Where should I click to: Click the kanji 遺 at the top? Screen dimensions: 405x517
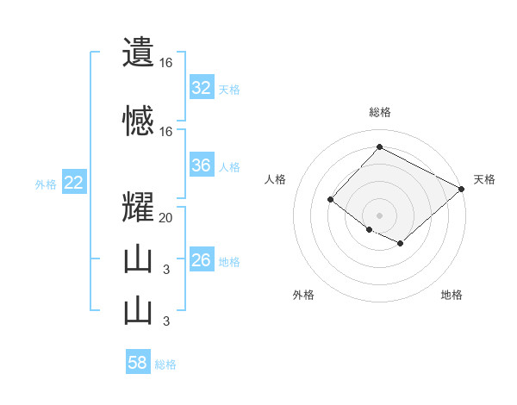138,53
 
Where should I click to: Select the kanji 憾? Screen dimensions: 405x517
138,121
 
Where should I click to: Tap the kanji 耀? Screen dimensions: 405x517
138,208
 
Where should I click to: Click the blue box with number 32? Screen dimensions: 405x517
201,88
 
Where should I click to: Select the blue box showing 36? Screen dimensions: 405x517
201,165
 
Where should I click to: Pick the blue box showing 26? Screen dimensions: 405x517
201,260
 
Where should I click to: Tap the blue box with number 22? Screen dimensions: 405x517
73,183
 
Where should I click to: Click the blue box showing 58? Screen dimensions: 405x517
138,363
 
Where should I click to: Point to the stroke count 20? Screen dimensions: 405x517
166,218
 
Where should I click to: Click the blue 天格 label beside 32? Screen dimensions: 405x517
229,89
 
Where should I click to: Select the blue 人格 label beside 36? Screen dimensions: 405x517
229,166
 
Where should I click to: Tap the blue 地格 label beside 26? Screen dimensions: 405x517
229,261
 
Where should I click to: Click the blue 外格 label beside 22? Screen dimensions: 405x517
45,184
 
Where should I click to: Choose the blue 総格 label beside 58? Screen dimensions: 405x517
165,364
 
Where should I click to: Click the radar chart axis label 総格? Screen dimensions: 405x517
380,112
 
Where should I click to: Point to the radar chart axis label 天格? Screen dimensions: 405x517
484,179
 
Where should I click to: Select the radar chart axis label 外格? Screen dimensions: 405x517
303,295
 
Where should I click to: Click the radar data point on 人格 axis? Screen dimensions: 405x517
330,200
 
